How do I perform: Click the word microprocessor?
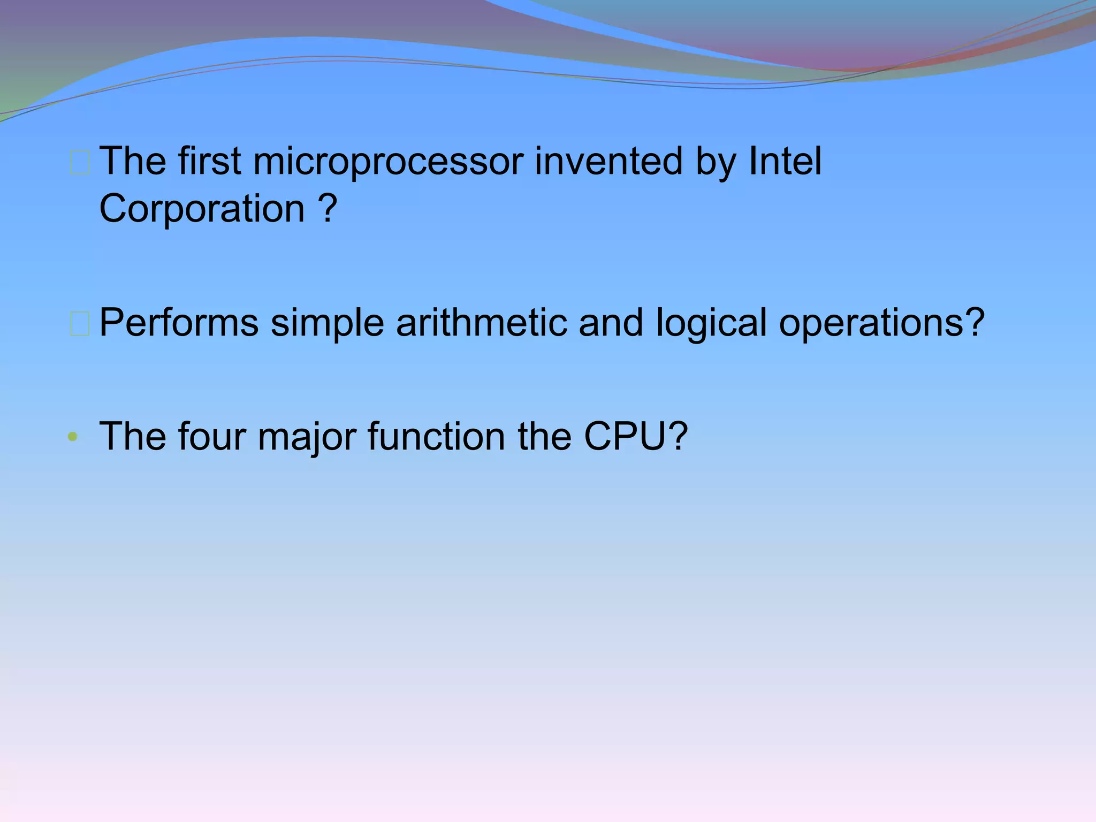coord(388,162)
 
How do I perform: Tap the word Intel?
coord(785,162)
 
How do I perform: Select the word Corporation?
coord(202,209)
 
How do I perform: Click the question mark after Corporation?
coord(327,209)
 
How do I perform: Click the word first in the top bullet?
coord(209,162)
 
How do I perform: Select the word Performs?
coord(179,323)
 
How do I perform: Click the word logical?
coord(711,323)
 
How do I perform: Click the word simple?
coord(327,323)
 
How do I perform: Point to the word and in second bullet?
coord(611,323)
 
